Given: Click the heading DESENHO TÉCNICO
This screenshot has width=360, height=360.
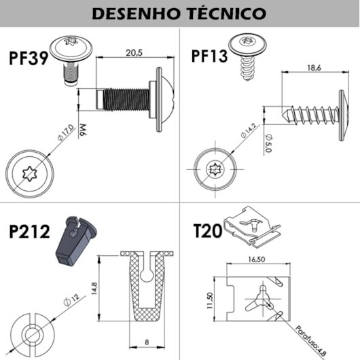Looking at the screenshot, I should point(179,14).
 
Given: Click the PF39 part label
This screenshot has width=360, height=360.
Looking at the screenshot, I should point(28,57).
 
